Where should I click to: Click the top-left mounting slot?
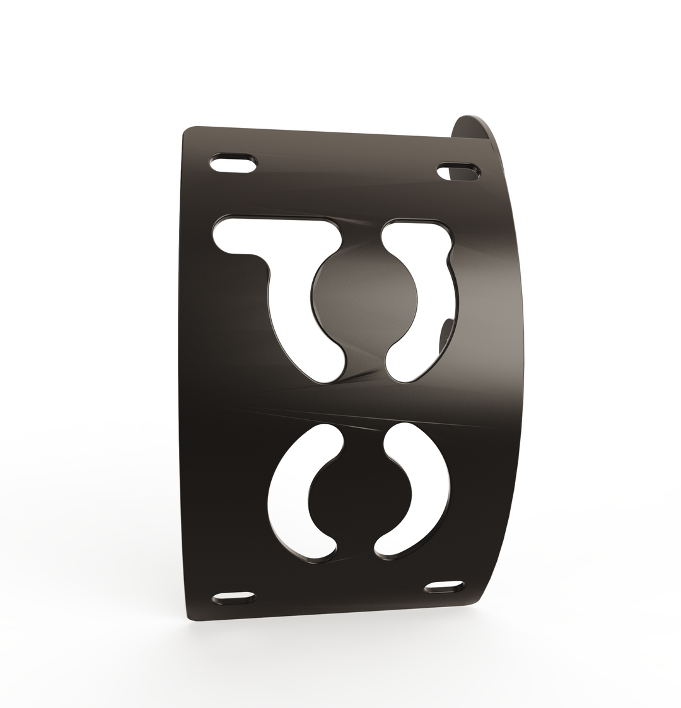pos(233,163)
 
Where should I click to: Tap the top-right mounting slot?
pos(458,171)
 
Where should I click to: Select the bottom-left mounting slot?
pos(233,596)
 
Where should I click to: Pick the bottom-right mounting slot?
pos(445,586)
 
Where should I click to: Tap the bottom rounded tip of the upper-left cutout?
pos(328,369)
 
